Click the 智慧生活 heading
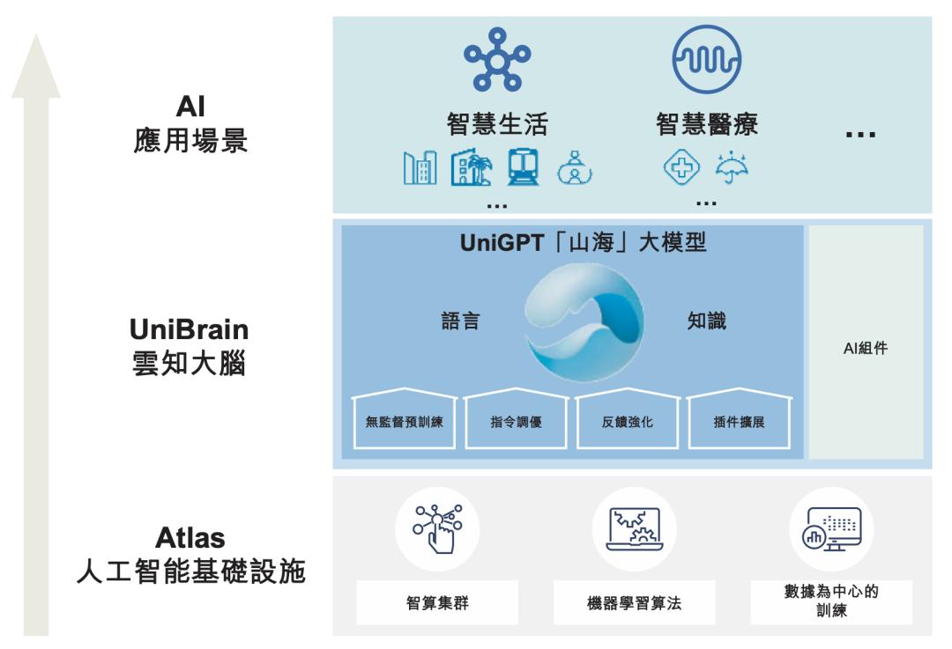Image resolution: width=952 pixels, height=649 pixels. [x=497, y=125]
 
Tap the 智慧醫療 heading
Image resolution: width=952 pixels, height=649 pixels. [x=706, y=125]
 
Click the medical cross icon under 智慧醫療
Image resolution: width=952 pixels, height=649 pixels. [x=682, y=166]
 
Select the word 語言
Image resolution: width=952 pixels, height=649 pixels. [x=460, y=321]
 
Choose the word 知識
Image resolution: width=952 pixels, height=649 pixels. [x=707, y=321]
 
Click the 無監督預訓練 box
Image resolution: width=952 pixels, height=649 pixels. [x=405, y=421]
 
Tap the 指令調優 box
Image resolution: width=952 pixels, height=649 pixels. [x=516, y=421]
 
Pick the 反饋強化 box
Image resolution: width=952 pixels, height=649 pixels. [x=628, y=421]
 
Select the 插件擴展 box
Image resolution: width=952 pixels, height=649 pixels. [x=739, y=421]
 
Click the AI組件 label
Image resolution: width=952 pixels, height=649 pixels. [x=866, y=348]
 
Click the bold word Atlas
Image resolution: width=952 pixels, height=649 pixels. [x=190, y=537]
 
